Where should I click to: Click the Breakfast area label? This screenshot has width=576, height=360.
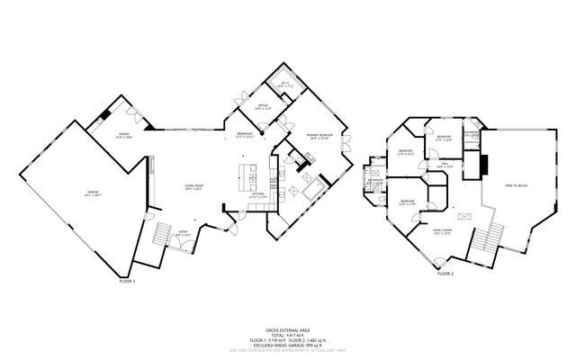(x=245, y=136)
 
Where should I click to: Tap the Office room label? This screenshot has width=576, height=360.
(x=262, y=107)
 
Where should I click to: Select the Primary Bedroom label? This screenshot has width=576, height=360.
(x=320, y=137)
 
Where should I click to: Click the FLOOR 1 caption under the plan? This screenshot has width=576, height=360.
(x=126, y=282)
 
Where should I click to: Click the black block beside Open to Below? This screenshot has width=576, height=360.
(x=482, y=166)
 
